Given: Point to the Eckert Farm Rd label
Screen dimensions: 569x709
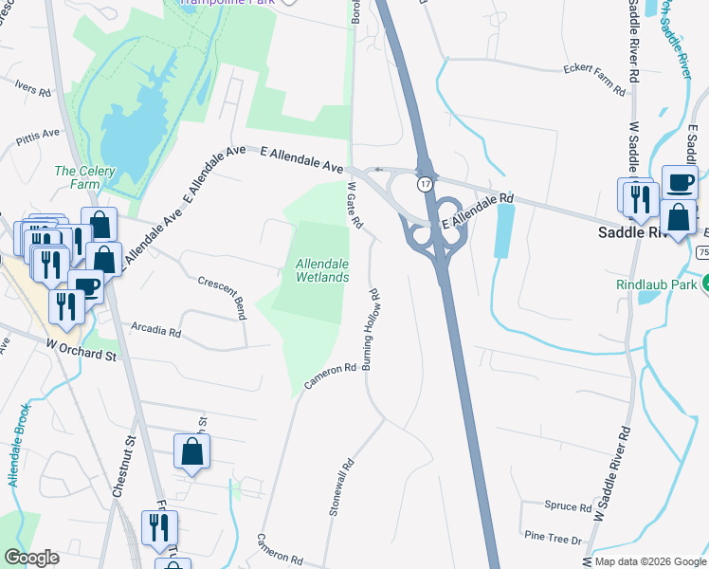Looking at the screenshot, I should pyautogui.click(x=594, y=81).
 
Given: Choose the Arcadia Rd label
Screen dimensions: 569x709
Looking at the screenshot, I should pyautogui.click(x=155, y=331).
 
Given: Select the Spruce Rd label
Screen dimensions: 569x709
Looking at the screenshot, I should pyautogui.click(x=570, y=505).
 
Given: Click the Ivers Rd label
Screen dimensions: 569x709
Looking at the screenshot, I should pyautogui.click(x=33, y=88).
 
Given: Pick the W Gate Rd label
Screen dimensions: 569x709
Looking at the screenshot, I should pyautogui.click(x=355, y=205).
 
